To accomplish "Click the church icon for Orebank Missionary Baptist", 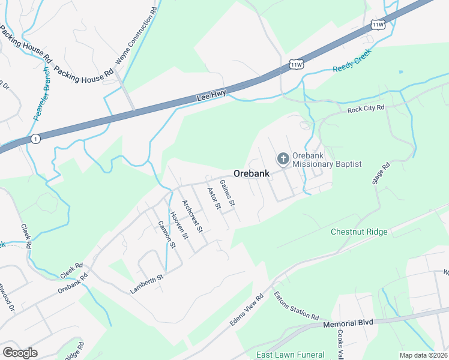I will [283, 159].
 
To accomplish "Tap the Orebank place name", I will [250, 173].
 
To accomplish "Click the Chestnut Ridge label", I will [359, 232].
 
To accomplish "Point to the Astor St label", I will [214, 199].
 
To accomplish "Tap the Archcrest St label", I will [193, 215].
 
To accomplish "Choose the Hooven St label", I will [178, 225].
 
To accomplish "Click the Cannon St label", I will [166, 234].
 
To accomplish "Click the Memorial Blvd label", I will [348, 322].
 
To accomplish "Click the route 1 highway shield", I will [37, 138].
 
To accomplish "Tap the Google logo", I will [20, 352].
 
